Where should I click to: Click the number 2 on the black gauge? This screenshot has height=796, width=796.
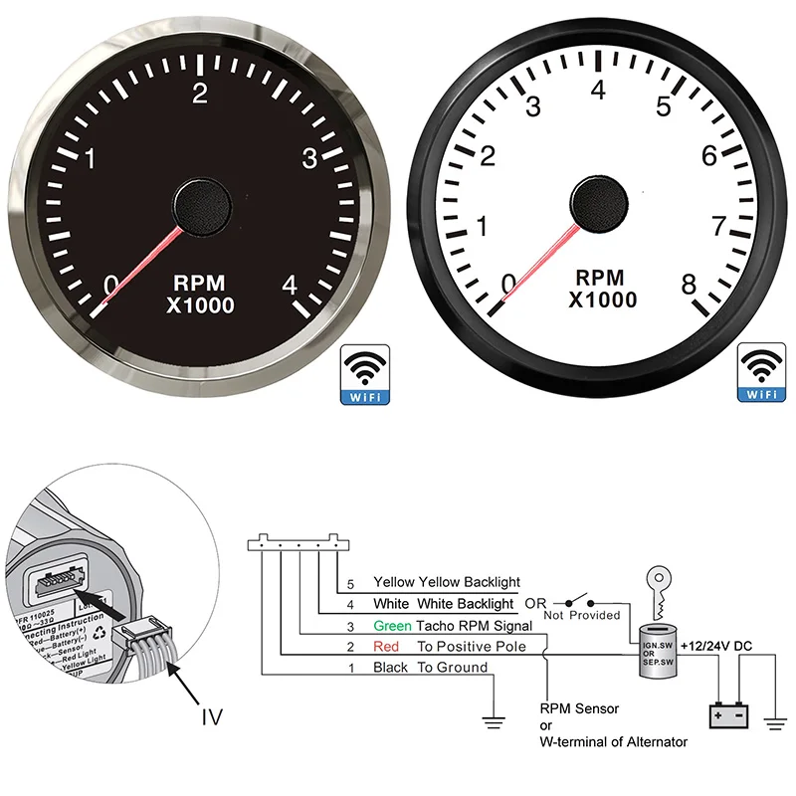pos(200,93)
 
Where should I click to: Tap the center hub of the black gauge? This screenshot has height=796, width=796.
pos(203,204)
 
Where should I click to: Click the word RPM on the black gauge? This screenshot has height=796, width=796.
pos(203,282)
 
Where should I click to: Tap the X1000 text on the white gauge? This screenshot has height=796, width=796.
pos(602,299)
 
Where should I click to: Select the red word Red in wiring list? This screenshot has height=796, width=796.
pos(385,647)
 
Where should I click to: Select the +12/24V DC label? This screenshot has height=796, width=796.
pos(716,647)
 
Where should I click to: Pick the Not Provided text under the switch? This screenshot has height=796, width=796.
pos(582,616)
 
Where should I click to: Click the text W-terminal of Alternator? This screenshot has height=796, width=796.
pos(613,741)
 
